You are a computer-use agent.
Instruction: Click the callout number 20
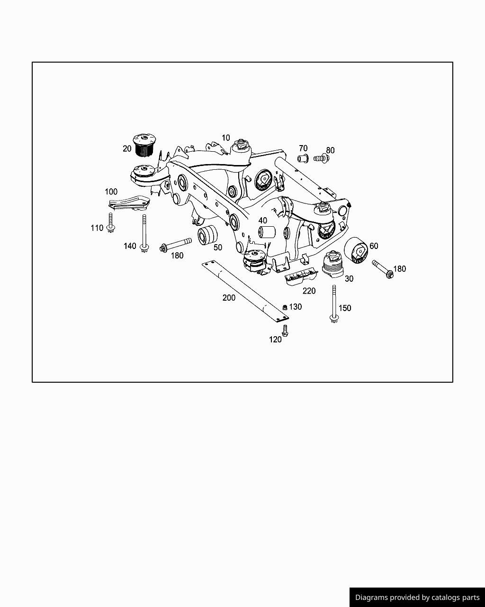click(x=127, y=148)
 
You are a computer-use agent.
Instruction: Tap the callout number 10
click(x=225, y=138)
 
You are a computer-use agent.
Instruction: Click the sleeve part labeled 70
click(x=303, y=157)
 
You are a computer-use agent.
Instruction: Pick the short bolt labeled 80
click(x=320, y=158)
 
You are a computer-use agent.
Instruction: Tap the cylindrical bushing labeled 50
click(x=207, y=235)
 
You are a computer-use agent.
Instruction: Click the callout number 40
click(x=262, y=221)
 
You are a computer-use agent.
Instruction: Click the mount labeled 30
click(x=333, y=264)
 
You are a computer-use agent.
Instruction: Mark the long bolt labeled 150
click(x=334, y=303)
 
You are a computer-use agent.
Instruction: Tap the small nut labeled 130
click(x=285, y=307)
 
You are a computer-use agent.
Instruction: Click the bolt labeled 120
click(x=285, y=331)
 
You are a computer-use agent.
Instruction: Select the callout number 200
click(x=229, y=298)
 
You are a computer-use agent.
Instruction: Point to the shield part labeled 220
click(x=299, y=276)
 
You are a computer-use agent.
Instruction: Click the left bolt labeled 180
click(x=176, y=245)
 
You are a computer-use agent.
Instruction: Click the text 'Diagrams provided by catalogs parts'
click(x=417, y=598)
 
